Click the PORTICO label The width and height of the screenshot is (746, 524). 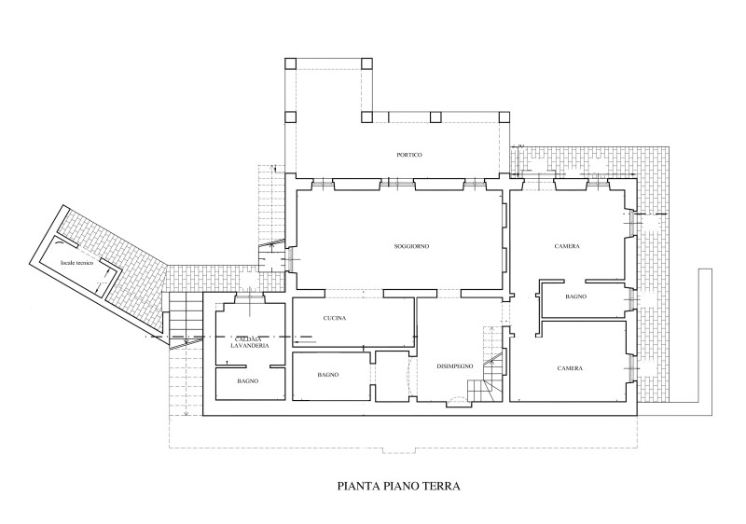click(x=409, y=155)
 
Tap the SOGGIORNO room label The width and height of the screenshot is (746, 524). click(x=411, y=246)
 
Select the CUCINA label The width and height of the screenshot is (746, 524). click(x=335, y=318)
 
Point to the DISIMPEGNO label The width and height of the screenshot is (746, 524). click(x=455, y=366)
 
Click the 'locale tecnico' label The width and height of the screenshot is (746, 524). click(x=76, y=263)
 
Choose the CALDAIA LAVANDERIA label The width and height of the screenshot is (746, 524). click(x=250, y=341)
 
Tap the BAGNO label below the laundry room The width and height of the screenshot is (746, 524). click(x=248, y=380)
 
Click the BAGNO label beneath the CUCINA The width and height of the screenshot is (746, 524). click(x=328, y=375)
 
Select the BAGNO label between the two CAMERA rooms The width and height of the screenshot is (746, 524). click(x=576, y=296)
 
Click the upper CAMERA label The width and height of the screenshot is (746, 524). click(x=567, y=246)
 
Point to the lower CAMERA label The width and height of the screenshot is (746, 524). click(x=570, y=368)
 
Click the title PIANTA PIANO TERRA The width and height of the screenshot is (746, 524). click(x=399, y=486)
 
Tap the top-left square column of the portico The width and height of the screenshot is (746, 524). click(x=290, y=63)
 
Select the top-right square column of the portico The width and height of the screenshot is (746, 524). click(x=366, y=63)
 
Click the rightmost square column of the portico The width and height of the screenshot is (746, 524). click(x=504, y=117)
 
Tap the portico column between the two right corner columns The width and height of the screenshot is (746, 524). click(x=435, y=117)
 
